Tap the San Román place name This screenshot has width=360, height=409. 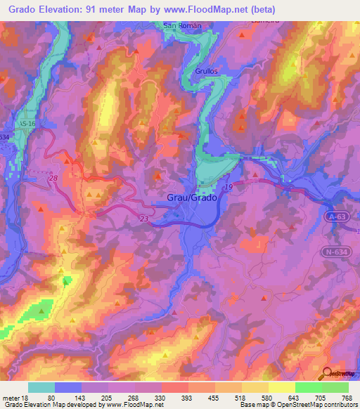(x=182, y=25)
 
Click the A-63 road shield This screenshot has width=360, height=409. (x=335, y=217)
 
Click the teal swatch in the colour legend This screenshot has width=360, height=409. (x=41, y=387)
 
